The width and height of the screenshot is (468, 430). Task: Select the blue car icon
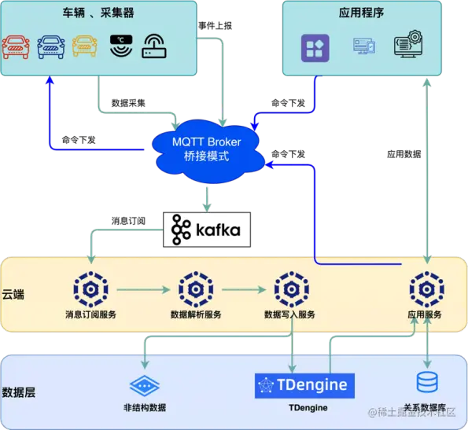[x=51, y=46]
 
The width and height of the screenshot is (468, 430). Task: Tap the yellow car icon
[x=86, y=46]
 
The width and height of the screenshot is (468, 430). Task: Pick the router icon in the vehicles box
[x=154, y=47]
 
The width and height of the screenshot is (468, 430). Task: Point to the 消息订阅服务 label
[x=91, y=314]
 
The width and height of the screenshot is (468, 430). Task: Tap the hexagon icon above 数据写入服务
[x=289, y=289]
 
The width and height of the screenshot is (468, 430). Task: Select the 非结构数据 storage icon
[x=145, y=384]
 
